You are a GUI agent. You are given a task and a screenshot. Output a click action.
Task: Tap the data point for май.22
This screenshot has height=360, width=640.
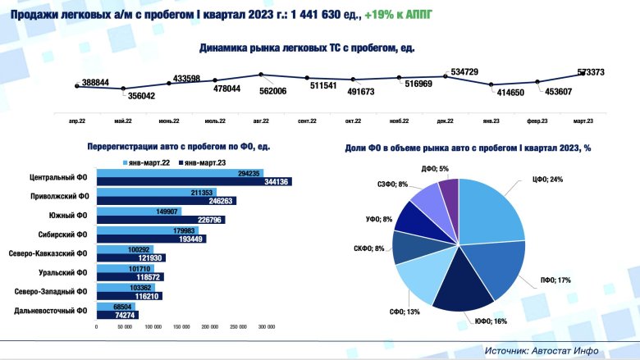pos(124,89)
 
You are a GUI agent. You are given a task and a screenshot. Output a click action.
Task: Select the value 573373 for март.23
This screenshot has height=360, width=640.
pos(591,73)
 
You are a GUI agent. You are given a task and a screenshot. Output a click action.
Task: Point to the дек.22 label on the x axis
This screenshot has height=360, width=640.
pos(446,121)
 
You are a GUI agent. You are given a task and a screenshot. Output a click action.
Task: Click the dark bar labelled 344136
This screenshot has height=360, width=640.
pos(194,181)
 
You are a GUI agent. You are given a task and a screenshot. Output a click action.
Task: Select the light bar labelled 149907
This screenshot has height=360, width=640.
pos(138,209)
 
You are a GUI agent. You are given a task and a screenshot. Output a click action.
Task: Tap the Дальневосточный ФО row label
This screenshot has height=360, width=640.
pos(53,311)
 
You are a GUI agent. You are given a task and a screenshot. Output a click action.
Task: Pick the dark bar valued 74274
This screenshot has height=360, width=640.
pos(117,315)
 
